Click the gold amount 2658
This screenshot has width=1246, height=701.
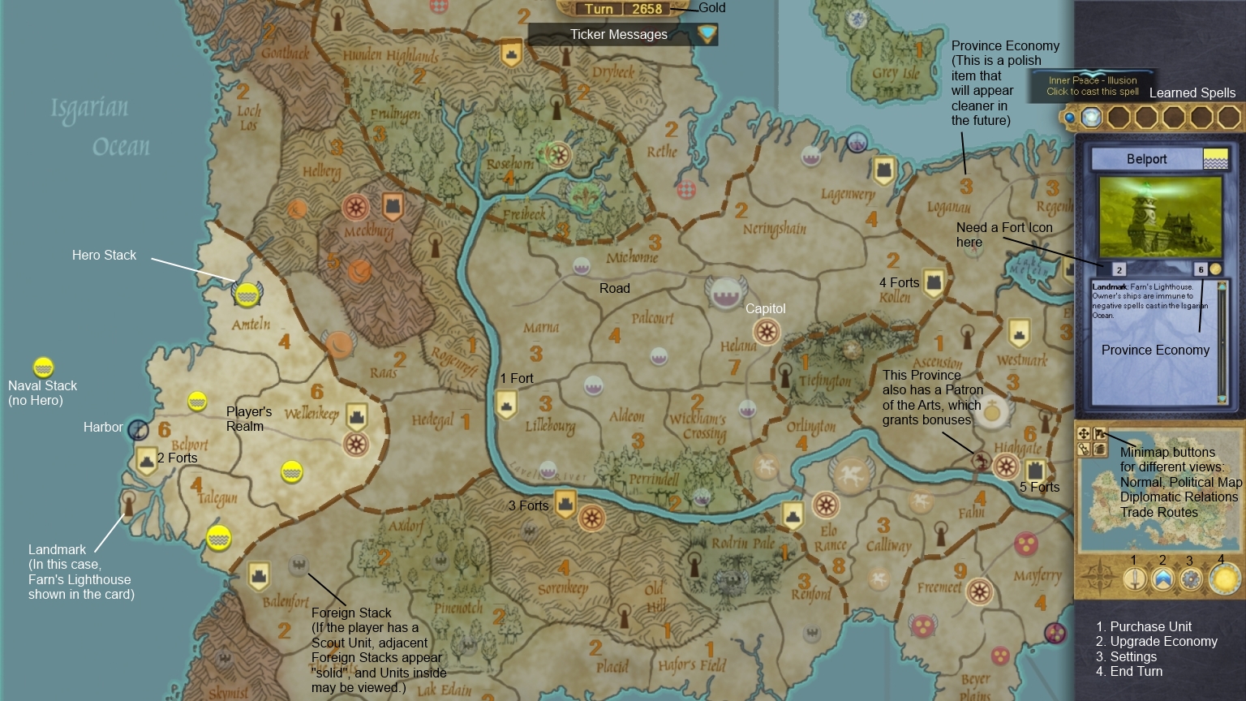[x=647, y=9]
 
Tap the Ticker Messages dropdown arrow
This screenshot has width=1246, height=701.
[x=707, y=34]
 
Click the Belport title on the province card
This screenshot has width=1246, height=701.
[x=1146, y=159]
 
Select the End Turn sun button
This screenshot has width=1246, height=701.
[x=1224, y=579]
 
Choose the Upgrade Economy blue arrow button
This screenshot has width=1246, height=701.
[x=1162, y=579]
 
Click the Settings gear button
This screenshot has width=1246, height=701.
[x=1190, y=579]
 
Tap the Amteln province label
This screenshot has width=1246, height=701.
[x=251, y=325]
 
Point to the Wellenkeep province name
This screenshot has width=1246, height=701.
[x=311, y=414]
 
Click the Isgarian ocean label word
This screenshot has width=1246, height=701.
[x=89, y=108]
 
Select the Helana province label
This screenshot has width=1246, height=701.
[x=737, y=346]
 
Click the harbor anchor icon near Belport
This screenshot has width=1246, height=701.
[x=139, y=429]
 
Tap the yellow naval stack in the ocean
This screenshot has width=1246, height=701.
[x=43, y=368]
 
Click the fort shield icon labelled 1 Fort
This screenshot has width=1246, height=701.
[x=506, y=403]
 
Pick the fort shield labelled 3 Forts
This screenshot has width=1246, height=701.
[x=565, y=504]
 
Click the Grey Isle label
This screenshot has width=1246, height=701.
[x=896, y=73]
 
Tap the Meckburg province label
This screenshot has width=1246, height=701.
[x=368, y=231]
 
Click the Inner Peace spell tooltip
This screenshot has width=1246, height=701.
[x=1092, y=85]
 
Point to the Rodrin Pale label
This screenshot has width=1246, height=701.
[x=742, y=543]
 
